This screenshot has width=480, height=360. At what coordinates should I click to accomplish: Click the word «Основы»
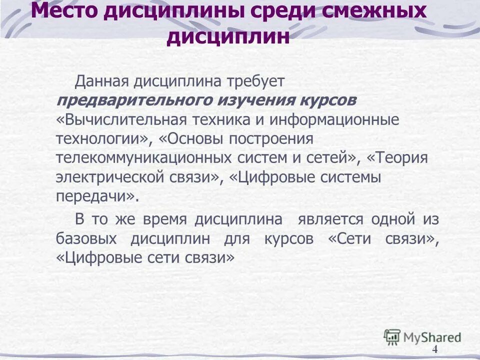click(196, 138)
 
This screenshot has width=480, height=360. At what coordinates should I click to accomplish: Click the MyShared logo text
click(432, 337)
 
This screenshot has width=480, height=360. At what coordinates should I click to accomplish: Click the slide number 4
click(434, 349)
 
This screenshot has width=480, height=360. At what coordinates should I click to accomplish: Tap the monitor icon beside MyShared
click(392, 336)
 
